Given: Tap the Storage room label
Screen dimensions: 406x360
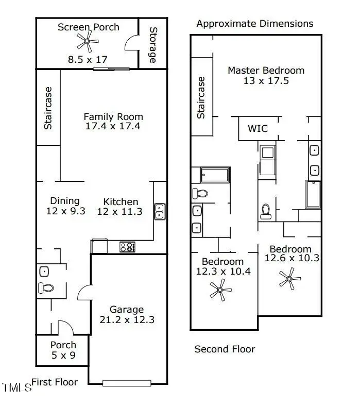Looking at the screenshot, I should point(152,45).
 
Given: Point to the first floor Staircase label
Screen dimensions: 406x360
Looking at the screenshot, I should point(48,108).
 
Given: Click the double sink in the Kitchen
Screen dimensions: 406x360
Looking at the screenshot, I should point(160,211).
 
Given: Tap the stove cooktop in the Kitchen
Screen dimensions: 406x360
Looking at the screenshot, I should point(127,247).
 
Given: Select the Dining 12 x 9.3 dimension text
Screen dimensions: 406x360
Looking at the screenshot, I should point(64,211).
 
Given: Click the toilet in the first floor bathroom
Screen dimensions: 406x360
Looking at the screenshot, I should point(45,289).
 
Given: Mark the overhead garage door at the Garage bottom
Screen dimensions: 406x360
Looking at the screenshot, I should point(127,383).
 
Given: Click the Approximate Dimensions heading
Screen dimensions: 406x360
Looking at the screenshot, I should point(254,24).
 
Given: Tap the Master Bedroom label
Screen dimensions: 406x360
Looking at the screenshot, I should point(266,70).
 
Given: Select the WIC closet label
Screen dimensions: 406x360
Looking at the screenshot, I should point(258,129).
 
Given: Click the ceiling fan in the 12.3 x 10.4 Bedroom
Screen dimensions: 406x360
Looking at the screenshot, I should point(220,290).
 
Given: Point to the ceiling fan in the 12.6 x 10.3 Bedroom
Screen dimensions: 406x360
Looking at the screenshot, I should point(289,279).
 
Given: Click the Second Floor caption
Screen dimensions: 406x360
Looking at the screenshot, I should point(225,349).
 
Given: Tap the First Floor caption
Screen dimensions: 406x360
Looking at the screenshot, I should point(55,382).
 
